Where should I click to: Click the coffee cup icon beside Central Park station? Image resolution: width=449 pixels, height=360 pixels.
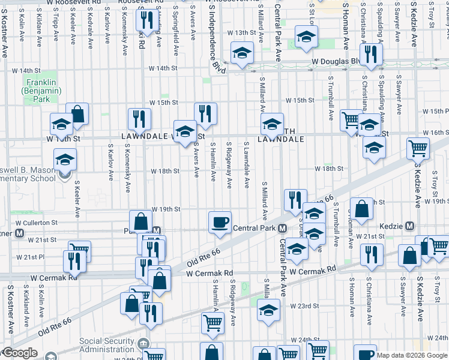point(220,222)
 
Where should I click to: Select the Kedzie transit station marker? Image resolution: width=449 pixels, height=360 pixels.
point(409,226)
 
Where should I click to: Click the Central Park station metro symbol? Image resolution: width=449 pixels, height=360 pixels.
point(282,228)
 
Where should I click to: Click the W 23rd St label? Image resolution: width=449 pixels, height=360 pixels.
point(304,305)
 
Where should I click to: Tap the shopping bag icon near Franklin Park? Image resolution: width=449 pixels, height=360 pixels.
point(77,113)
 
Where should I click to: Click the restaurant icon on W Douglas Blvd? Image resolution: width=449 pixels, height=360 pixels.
point(372,55)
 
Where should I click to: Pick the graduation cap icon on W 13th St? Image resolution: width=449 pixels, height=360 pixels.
point(306,38)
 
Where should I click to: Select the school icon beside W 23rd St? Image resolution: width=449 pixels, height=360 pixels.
point(268,310)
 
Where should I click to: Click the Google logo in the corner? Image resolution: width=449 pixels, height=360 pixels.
point(19,353)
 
